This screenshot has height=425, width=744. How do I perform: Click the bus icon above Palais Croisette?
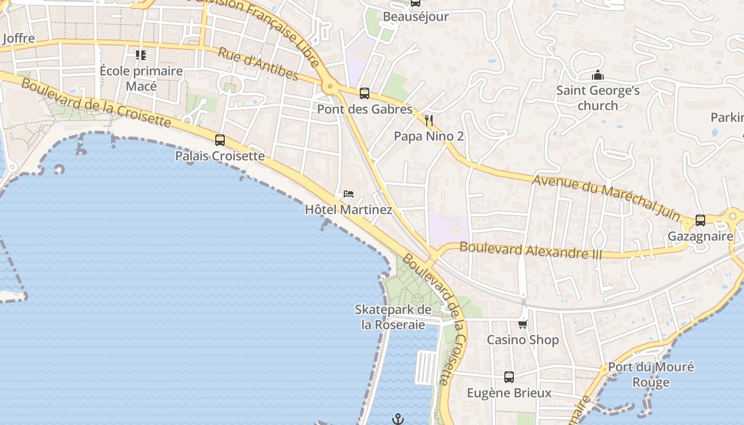[219, 140]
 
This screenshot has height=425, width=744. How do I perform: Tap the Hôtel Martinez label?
[348, 210]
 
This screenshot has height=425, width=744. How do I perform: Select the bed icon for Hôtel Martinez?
[349, 193]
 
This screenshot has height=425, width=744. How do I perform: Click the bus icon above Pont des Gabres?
[364, 93]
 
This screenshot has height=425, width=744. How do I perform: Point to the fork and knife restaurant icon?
[429, 121]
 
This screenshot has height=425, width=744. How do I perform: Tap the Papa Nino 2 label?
[428, 137]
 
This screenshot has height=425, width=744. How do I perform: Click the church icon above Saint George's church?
[598, 75]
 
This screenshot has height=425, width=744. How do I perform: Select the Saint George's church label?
[598, 98]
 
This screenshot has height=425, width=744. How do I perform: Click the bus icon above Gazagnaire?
[700, 220]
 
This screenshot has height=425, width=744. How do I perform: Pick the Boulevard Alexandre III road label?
[531, 250]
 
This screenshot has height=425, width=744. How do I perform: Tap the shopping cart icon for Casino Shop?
[523, 324]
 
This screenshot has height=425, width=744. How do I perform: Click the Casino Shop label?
[523, 340]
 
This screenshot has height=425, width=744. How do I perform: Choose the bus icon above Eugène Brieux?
[509, 377]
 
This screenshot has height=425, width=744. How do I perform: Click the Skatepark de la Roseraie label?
[393, 317]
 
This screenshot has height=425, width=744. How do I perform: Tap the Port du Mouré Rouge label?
[650, 375]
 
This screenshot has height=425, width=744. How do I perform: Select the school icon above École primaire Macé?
[141, 55]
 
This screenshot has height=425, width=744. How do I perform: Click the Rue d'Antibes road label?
[258, 64]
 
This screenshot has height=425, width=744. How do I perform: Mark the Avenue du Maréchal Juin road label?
[606, 198]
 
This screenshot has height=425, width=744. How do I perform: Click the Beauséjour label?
[416, 16]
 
